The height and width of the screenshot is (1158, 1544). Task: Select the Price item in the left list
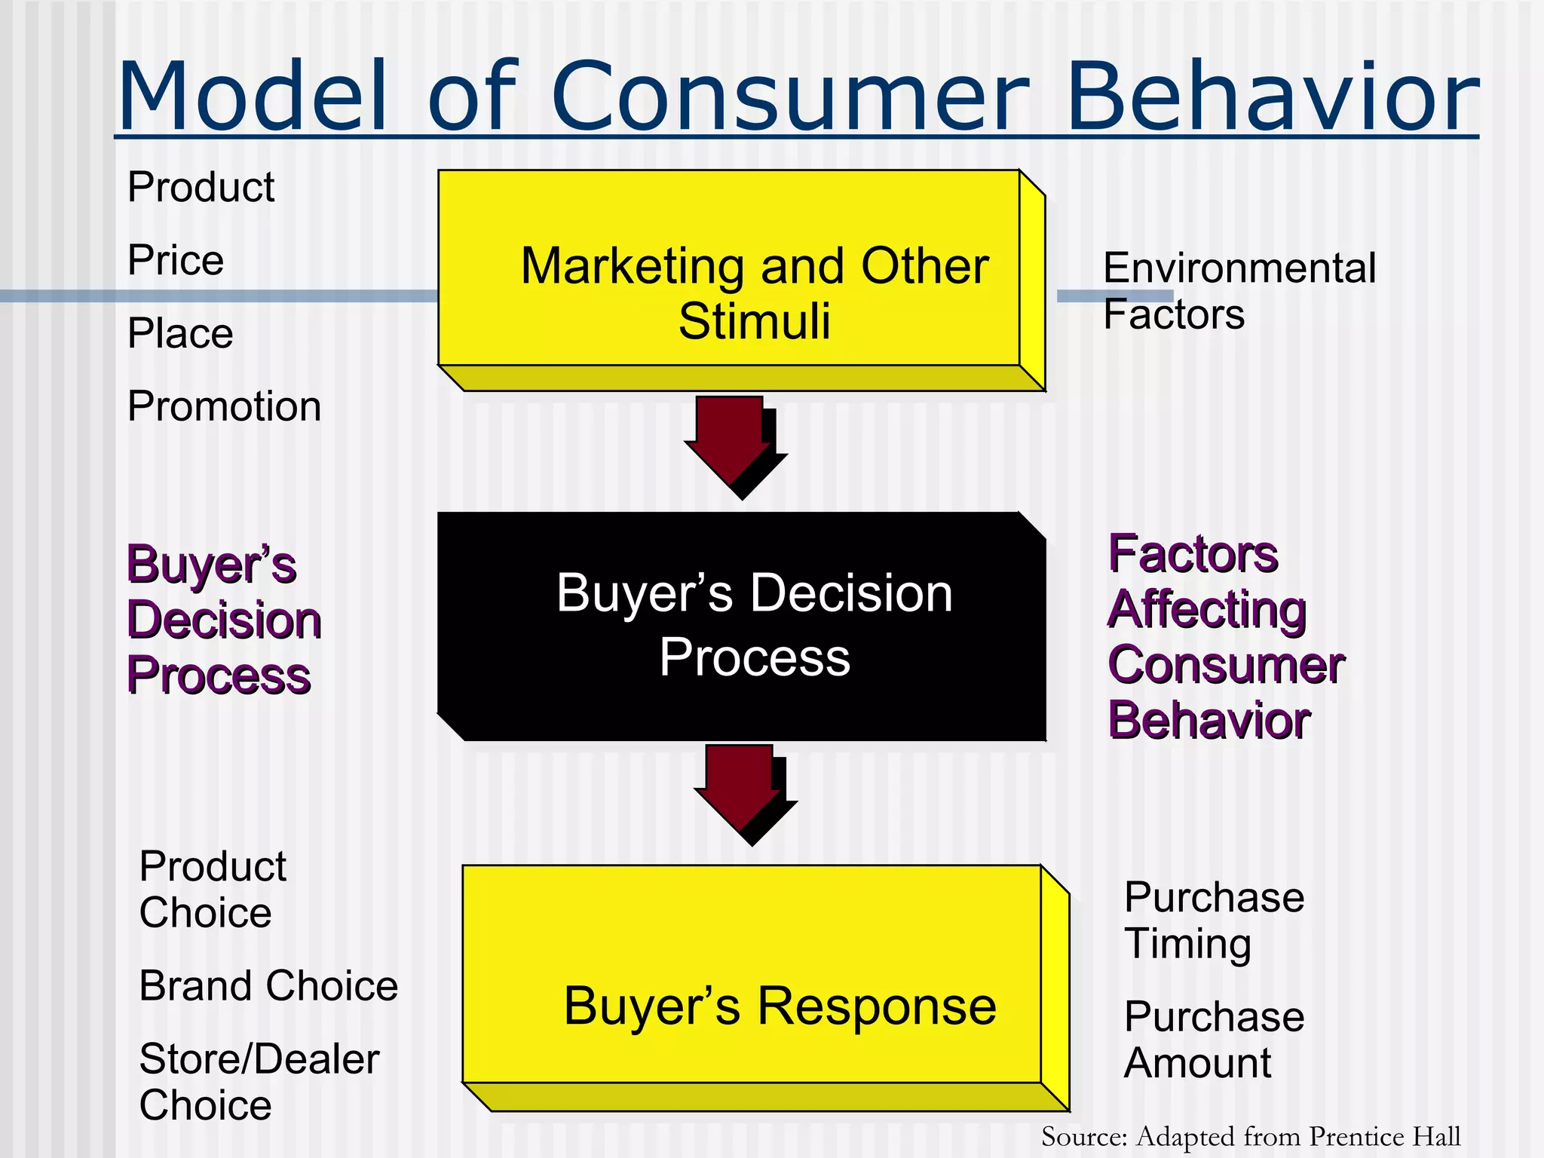[x=176, y=260]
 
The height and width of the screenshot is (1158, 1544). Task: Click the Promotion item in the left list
[x=224, y=406]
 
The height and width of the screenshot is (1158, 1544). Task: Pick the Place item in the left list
[x=180, y=333]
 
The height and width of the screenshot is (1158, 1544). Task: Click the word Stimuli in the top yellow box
[x=754, y=321]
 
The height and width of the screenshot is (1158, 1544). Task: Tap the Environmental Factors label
[x=1238, y=290]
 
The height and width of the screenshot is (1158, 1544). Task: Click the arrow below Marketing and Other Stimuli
[x=731, y=445]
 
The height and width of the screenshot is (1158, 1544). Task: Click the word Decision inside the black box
[x=851, y=593]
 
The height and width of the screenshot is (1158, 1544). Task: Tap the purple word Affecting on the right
[x=1207, y=609]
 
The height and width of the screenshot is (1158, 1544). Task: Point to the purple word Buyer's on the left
[x=211, y=565]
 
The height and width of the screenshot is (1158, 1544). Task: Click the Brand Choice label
[x=268, y=986]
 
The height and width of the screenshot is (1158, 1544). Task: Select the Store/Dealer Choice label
[x=259, y=1082]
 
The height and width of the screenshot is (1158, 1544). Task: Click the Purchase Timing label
[x=1213, y=920]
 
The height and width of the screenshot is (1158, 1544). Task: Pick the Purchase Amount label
[x=1213, y=1039]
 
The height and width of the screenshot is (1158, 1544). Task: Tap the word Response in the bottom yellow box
[x=876, y=1006]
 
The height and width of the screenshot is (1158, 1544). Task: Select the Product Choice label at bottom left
[x=212, y=890]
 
